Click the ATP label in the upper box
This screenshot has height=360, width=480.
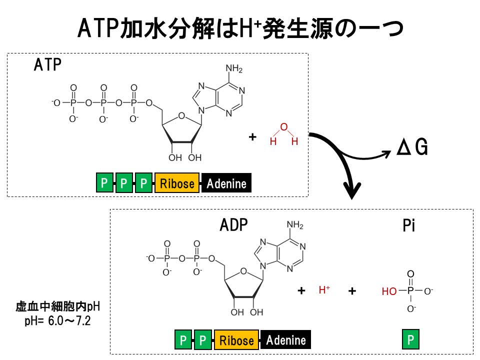47,65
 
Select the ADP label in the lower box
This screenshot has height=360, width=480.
233,225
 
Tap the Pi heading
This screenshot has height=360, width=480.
409,226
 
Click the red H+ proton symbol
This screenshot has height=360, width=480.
324,289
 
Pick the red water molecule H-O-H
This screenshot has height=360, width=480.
283,134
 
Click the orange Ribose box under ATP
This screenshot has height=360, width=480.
177,183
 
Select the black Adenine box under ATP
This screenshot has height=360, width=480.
226,183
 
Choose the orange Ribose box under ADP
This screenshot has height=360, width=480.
236,340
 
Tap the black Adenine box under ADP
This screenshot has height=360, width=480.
285,340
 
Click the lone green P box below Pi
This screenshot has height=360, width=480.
410,340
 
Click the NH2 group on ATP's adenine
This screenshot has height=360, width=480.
233,68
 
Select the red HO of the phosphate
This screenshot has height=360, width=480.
389,291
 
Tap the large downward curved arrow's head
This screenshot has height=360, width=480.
352,190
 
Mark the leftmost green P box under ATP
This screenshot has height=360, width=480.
104,183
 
